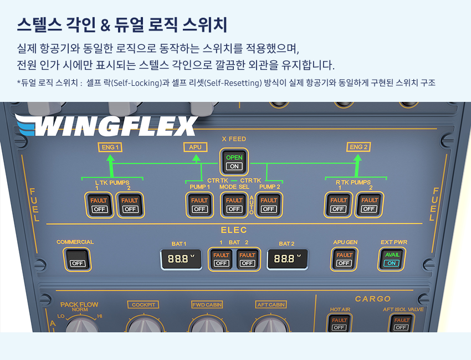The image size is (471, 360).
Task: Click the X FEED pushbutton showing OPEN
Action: [234, 162]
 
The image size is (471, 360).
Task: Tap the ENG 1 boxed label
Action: [110, 147]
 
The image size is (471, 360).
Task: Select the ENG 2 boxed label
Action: [359, 147]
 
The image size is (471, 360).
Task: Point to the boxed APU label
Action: [195, 147]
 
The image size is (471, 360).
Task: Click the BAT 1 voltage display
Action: [181, 259]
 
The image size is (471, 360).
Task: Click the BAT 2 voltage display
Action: [288, 259]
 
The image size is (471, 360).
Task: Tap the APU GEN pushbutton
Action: [344, 259]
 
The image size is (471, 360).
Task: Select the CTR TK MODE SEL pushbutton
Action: [234, 205]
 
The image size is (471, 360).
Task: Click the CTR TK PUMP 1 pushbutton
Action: [199, 205]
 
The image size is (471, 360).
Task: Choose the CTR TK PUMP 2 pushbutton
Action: [269, 205]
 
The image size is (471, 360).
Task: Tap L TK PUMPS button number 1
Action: [99, 205]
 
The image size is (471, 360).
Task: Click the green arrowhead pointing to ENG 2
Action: [357, 158]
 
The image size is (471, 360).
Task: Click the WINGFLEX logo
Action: [106, 125]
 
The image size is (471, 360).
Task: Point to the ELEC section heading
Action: [234, 230]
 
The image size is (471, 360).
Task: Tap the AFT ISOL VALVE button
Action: [402, 323]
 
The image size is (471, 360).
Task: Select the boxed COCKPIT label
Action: [144, 305]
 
